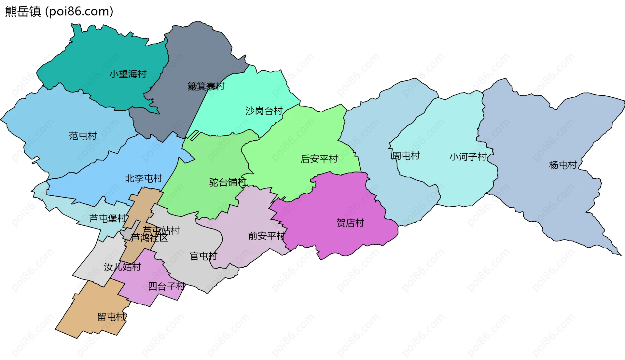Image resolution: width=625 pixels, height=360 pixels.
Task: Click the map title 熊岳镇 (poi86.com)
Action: (59, 11)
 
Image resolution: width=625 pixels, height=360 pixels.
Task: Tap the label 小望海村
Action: (128, 74)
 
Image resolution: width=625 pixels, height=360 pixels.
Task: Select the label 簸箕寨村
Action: (206, 86)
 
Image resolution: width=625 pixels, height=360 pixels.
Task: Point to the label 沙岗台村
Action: (264, 111)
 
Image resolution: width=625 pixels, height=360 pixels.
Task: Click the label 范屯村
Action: (83, 136)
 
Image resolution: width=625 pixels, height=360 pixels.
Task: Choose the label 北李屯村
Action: (144, 178)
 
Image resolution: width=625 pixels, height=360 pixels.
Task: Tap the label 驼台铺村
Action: (228, 182)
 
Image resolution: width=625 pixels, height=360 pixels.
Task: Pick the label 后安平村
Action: (319, 159)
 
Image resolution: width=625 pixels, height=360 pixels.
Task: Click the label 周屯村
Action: (405, 156)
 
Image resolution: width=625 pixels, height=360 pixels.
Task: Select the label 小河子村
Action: (468, 157)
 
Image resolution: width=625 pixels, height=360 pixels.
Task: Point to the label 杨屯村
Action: (563, 165)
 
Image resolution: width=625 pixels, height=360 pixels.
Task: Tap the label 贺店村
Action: (350, 223)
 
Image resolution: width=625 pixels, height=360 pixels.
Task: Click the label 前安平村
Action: (267, 236)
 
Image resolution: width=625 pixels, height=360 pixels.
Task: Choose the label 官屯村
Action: (203, 256)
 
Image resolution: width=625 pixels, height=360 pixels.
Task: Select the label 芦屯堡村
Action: (108, 218)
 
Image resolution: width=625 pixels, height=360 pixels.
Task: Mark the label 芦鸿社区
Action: (149, 238)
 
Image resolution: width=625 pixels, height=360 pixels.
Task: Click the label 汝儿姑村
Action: (122, 267)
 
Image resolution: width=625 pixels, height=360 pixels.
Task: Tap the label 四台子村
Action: (166, 286)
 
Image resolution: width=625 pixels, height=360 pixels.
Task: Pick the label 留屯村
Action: (111, 317)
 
